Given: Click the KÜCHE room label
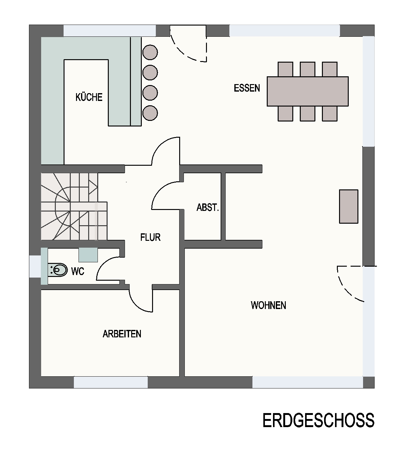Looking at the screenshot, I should click(x=89, y=97).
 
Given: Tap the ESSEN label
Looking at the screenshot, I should click(x=247, y=88).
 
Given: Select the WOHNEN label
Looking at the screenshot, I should click(x=268, y=305).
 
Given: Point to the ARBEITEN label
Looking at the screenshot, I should click(x=122, y=334).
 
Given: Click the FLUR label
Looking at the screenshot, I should click(x=151, y=237).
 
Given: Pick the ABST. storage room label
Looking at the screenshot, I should click(x=208, y=207).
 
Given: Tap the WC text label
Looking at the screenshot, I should click(x=78, y=271).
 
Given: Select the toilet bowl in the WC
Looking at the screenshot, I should click(x=59, y=270).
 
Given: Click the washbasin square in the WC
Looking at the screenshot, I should click(x=88, y=255).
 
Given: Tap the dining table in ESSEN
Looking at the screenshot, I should click(x=308, y=91).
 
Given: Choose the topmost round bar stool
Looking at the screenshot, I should click(x=150, y=52).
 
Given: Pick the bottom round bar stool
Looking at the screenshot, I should click(x=150, y=113).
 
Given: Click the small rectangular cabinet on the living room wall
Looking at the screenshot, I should click(x=348, y=206).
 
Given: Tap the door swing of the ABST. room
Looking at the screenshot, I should click(x=165, y=196).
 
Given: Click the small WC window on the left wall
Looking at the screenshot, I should click(x=35, y=266).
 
